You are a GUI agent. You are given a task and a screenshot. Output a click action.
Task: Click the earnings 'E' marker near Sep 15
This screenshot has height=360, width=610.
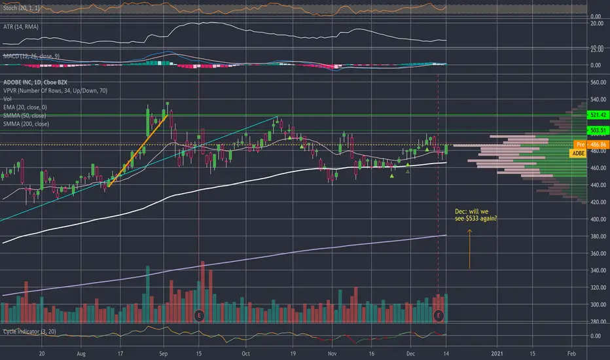click(200, 315)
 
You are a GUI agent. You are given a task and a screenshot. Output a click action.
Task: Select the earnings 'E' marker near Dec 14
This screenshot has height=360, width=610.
click(439, 315)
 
